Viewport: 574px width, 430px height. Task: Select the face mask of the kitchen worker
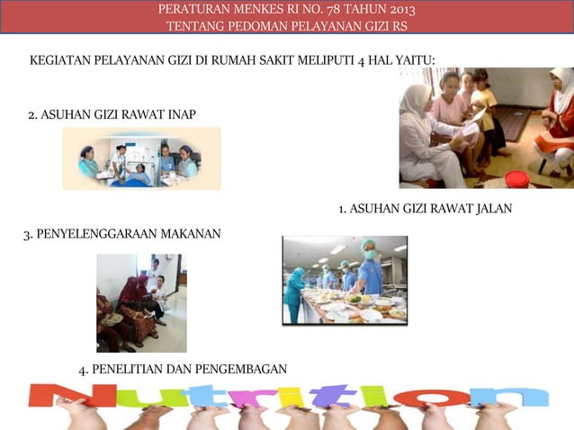point(369,255)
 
